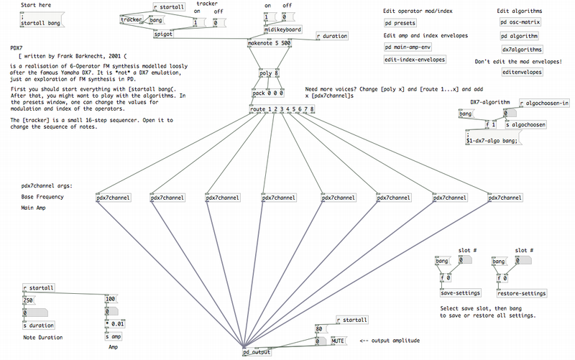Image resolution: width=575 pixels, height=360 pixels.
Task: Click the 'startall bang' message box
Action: [x=42, y=19]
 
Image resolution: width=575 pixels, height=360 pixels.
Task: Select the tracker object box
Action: [x=132, y=19]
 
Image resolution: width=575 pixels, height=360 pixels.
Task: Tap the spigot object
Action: [x=163, y=34]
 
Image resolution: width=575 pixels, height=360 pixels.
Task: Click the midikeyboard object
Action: [x=282, y=29]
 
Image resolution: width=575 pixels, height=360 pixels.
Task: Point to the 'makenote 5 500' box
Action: [x=269, y=43]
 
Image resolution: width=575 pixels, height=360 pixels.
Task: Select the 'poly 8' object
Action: [x=269, y=73]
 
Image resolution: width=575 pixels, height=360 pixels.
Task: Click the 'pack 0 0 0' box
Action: [x=268, y=93]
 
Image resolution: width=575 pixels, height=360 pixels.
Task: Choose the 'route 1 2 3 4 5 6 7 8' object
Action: [x=282, y=109]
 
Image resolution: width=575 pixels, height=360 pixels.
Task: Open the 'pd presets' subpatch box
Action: [x=400, y=23]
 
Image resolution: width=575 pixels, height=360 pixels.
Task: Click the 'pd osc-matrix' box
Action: [x=520, y=22]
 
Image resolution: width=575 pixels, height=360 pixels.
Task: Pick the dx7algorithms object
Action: [x=523, y=49]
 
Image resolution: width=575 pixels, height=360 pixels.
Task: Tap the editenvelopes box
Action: [x=523, y=72]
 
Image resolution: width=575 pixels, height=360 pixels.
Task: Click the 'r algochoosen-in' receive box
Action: [x=545, y=103]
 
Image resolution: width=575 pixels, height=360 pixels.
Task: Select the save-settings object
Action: [x=461, y=293]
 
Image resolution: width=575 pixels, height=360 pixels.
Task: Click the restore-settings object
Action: [x=522, y=293]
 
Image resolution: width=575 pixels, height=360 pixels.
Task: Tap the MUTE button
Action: [x=338, y=341]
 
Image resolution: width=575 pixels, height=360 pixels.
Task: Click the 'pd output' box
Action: [x=257, y=352]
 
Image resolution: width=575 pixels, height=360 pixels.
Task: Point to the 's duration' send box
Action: [x=39, y=326]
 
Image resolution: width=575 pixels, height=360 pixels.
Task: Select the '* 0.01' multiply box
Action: [x=115, y=324]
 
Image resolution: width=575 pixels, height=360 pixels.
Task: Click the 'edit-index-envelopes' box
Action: [x=415, y=60]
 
